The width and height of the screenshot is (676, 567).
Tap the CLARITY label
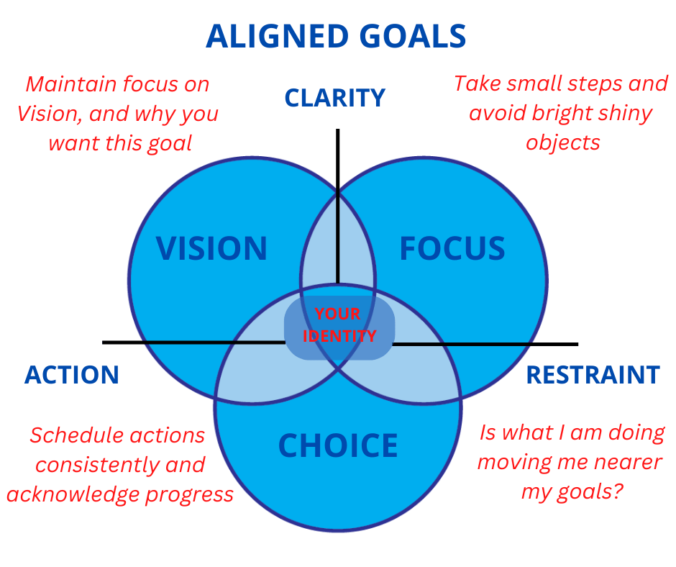[335, 98]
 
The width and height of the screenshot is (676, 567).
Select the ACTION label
[72, 375]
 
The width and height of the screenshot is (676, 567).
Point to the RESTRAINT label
[593, 375]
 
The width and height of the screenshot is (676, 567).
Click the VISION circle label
[212, 249]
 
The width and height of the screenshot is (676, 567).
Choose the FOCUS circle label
[452, 249]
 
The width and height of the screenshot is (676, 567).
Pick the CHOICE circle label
[338, 446]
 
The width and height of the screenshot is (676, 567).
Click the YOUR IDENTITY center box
[339, 325]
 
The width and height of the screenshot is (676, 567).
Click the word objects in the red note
[562, 142]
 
